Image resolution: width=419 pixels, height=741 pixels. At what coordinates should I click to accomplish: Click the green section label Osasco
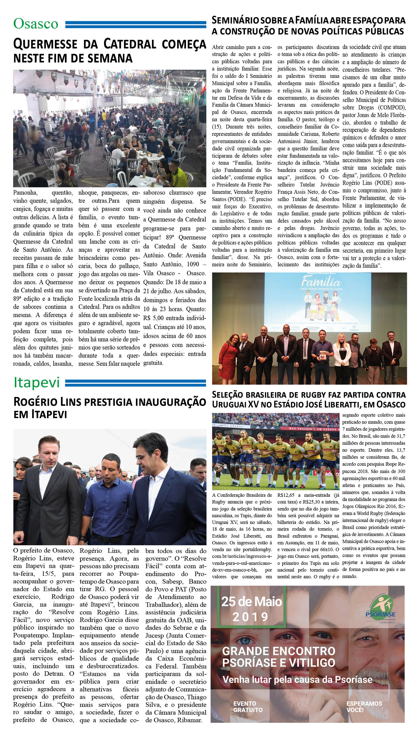(x=36, y=24)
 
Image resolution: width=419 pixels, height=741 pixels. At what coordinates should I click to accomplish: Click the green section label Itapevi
(x=37, y=382)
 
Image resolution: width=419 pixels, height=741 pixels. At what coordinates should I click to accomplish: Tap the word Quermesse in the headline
(x=45, y=44)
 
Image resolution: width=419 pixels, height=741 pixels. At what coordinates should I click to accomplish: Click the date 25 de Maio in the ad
(x=251, y=602)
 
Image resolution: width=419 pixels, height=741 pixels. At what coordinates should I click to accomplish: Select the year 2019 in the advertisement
(x=250, y=617)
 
